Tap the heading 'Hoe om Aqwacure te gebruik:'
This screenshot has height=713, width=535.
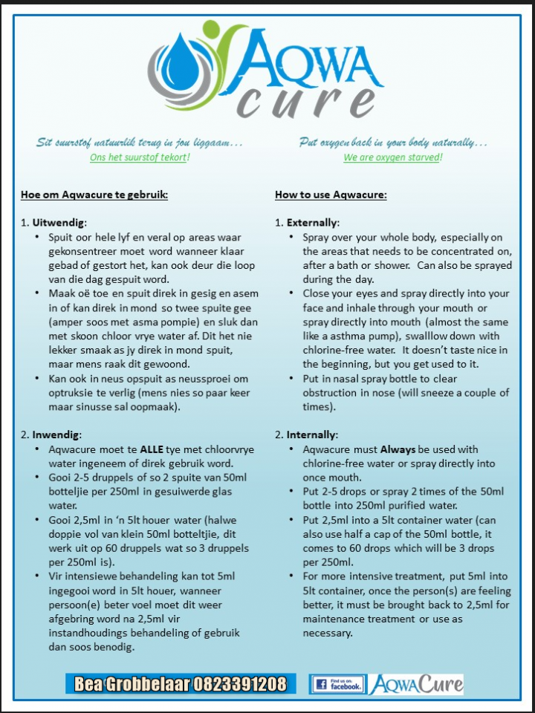pos(94,195)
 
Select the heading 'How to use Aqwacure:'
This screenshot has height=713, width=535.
pos(331,195)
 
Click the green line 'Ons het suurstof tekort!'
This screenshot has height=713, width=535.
pos(140,157)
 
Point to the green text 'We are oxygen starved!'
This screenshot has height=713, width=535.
pos(392,157)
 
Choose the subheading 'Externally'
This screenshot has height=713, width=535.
pos(312,222)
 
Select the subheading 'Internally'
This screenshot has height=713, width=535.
pos(312,434)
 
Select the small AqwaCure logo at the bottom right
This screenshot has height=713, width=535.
pos(416,684)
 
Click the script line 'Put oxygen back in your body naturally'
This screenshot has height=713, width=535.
pos(392,141)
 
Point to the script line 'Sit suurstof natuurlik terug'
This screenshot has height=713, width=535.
pos(140,141)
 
